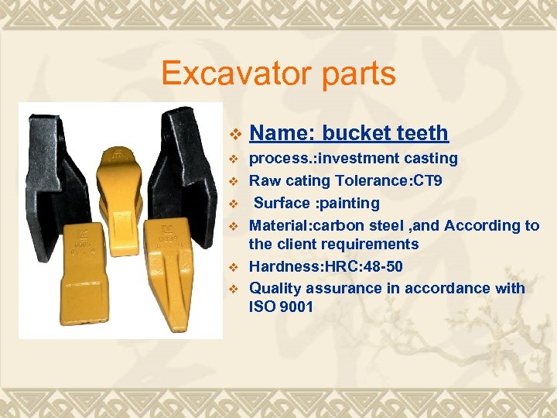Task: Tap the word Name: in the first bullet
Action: tap(282, 133)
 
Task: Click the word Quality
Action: tap(275, 288)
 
